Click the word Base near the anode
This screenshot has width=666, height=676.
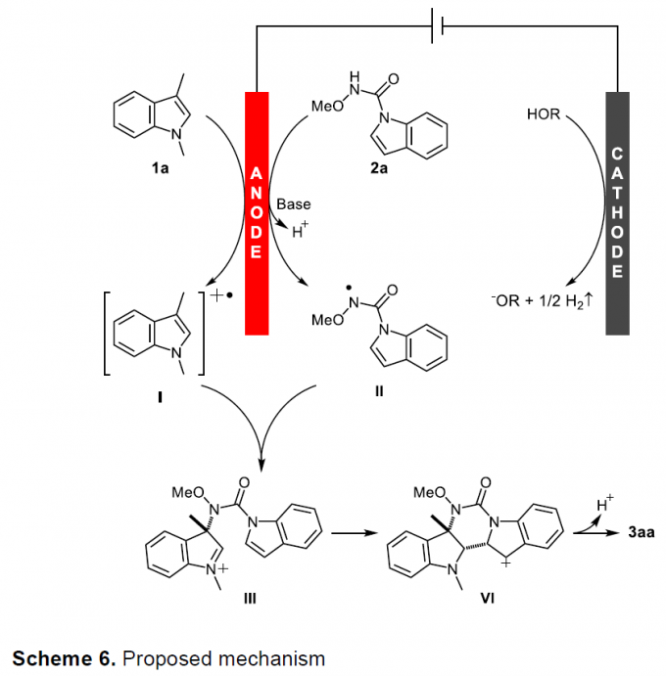pos(293,204)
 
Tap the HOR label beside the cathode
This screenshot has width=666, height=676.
pos(544,116)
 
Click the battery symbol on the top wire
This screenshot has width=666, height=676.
pos(438,27)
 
